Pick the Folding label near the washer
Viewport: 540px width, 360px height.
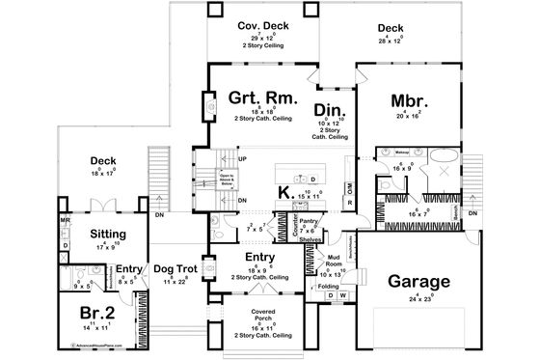pos(327,286)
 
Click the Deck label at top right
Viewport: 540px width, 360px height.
pos(391,28)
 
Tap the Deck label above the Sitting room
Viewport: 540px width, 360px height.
pos(103,161)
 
